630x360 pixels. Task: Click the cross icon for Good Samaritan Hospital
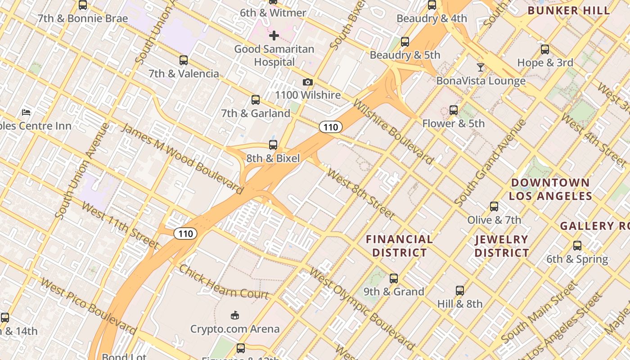(x=274, y=36)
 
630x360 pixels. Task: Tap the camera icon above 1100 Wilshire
(x=308, y=82)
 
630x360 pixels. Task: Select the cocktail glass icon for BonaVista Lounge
(x=481, y=67)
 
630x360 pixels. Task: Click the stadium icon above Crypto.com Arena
(x=234, y=315)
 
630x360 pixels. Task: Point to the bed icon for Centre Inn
(x=26, y=112)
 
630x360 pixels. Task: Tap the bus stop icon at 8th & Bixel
(x=273, y=145)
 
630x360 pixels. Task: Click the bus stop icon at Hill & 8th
(x=460, y=291)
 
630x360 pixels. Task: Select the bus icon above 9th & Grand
(x=394, y=279)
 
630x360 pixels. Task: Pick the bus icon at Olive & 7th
(x=494, y=207)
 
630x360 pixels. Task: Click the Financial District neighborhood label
(x=399, y=246)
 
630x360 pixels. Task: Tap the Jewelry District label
(x=502, y=246)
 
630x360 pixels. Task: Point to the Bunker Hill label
(x=569, y=10)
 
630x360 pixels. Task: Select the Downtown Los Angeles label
(x=550, y=189)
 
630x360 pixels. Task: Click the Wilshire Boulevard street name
(x=393, y=131)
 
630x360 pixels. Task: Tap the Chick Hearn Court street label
(x=224, y=282)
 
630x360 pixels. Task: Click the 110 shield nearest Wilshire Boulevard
(x=331, y=127)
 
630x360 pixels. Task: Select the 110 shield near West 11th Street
(x=185, y=234)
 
